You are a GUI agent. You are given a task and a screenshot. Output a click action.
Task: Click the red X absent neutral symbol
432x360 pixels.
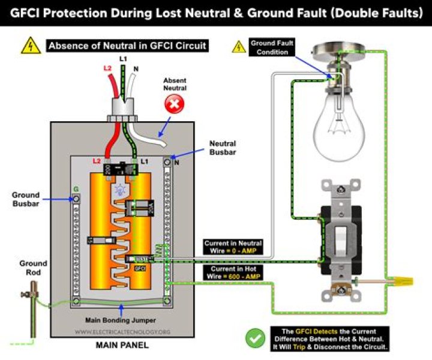(175, 106)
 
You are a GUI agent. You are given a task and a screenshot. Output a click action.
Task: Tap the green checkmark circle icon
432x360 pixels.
(255, 337)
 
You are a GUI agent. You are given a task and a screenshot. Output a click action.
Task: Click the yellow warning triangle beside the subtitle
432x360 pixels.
(31, 46)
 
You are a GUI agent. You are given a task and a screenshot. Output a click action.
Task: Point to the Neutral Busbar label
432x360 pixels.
(222, 148)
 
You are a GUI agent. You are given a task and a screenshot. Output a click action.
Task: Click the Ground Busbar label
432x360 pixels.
(25, 199)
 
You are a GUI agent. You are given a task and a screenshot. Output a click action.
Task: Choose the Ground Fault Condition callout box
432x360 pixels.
(271, 47)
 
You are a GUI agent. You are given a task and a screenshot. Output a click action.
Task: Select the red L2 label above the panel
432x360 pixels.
(107, 69)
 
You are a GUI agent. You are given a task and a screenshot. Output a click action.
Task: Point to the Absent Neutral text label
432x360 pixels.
(175, 83)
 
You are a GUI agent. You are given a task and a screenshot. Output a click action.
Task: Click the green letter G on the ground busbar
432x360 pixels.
(76, 189)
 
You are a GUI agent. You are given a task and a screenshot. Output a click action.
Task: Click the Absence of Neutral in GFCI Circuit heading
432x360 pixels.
(127, 46)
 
